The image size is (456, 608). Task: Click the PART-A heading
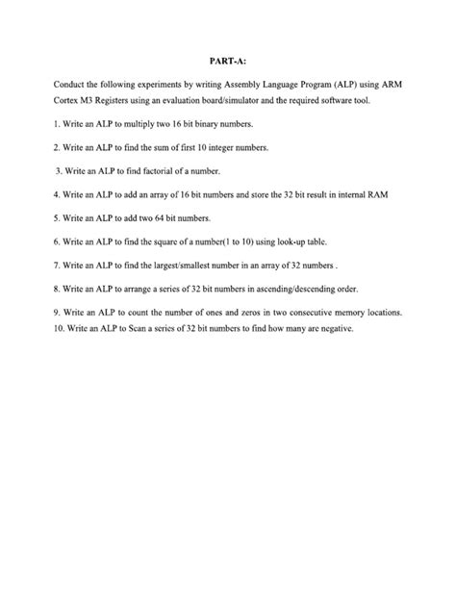[227, 60]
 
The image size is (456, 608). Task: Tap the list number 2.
[58, 148]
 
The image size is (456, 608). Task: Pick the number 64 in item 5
[161, 217]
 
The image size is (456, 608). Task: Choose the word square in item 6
[165, 241]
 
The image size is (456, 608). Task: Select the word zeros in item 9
[245, 312]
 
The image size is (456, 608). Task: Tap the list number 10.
[61, 328]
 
